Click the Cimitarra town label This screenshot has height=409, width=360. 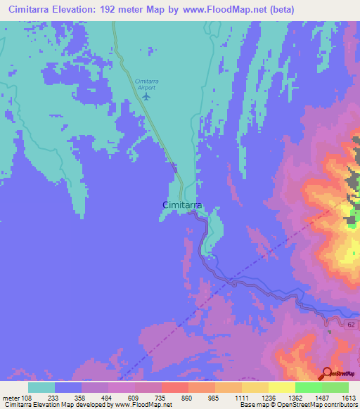183,204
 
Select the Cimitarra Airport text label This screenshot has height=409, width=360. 146,84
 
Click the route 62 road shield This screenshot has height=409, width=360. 352,323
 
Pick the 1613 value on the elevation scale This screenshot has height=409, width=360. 348,398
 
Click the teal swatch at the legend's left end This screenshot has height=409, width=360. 41,387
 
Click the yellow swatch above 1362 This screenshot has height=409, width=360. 282,387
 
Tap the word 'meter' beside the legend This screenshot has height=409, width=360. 12,398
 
